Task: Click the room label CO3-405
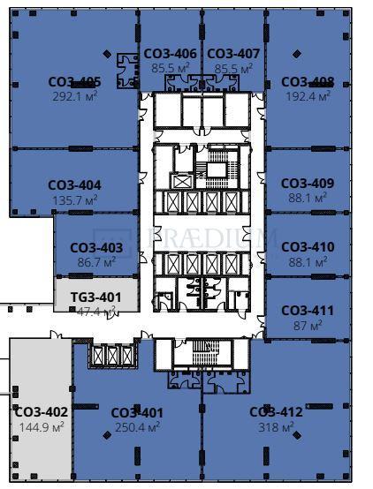coord(74,82)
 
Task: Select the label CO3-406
coord(171,54)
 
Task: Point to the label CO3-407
coord(233,54)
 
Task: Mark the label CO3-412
coord(276,412)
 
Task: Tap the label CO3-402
coord(42,411)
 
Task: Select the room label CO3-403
coord(96,248)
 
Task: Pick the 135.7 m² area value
coord(74,199)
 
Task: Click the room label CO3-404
coord(74,185)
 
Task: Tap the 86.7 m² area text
coord(96,262)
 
